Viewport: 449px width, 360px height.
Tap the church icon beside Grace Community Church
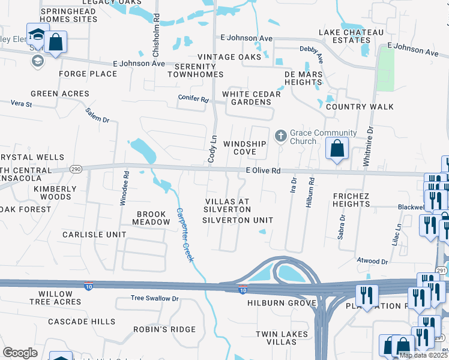280,136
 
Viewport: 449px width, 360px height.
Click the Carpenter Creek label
184,234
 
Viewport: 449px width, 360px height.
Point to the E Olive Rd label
264,170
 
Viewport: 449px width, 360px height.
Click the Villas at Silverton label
228,205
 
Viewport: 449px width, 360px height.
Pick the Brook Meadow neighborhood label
151,218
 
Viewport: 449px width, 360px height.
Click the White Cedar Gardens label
251,98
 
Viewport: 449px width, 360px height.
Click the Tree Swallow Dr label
155,298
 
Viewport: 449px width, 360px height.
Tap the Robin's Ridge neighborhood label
164,329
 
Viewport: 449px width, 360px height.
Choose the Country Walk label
360,107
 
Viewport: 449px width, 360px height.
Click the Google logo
20,352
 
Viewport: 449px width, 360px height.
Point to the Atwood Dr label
373,261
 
